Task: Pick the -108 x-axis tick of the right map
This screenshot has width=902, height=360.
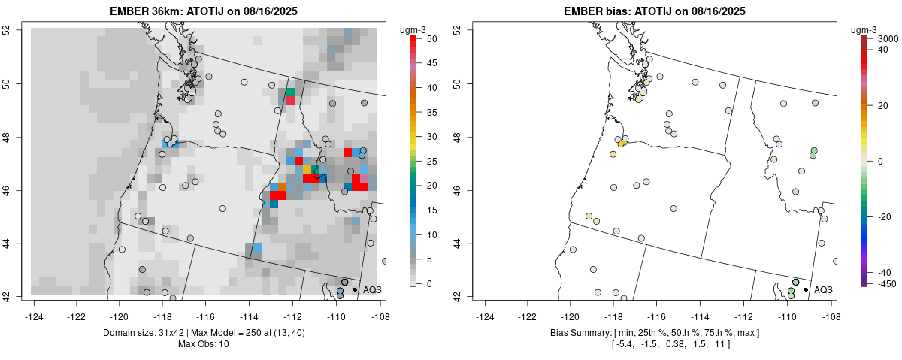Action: [x=831, y=307]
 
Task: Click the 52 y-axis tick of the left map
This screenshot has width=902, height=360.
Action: [x=17, y=30]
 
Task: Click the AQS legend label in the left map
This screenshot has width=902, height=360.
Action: [x=372, y=289]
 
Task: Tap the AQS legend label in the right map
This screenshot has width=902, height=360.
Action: [x=823, y=289]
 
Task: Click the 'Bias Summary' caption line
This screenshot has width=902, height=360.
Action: [x=655, y=332]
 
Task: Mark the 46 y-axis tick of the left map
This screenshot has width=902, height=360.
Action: [x=17, y=190]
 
